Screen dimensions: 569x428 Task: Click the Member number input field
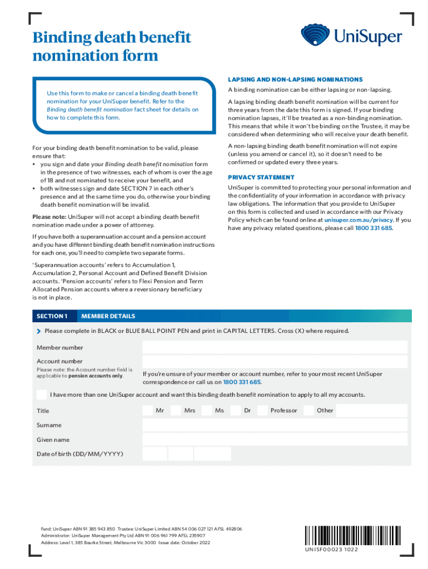(x=275, y=347)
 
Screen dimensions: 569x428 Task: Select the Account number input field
(x=275, y=362)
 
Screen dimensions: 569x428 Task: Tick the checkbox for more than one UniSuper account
(x=42, y=395)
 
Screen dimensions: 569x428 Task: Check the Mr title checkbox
(x=147, y=411)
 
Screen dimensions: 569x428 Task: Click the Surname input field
(x=275, y=425)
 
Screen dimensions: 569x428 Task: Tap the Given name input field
(x=275, y=440)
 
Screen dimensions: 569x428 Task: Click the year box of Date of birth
(x=212, y=454)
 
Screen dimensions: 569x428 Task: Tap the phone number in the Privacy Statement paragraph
(x=374, y=228)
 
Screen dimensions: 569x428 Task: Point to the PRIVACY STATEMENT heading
(x=261, y=177)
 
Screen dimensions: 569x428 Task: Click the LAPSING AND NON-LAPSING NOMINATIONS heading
(x=295, y=79)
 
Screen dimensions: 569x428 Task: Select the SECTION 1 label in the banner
(x=52, y=316)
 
